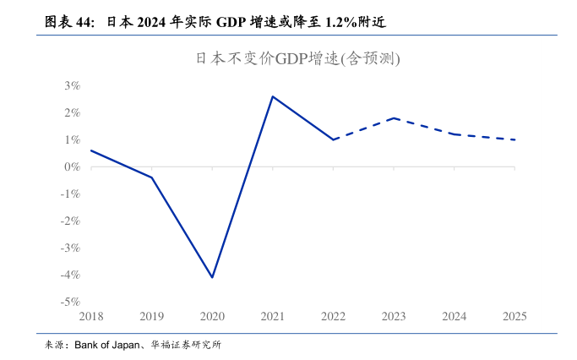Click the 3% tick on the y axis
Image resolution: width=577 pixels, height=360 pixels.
71,85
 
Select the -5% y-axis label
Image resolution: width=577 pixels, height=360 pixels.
69,302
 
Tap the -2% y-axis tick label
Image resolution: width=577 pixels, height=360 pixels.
69,221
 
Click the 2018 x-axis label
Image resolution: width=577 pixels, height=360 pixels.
91,317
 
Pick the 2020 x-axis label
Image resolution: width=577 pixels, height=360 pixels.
212,317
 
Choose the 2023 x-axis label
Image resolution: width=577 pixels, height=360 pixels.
394,317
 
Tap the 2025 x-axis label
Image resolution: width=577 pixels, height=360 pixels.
514,317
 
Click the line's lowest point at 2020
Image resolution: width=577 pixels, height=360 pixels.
212,277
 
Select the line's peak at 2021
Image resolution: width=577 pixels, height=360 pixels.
272,96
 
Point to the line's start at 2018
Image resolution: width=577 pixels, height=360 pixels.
91,150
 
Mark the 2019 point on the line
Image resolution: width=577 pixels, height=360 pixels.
152,177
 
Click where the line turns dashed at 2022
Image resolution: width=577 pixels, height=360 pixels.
333,139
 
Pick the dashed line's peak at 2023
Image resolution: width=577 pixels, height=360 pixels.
394,118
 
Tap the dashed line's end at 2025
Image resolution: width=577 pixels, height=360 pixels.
514,139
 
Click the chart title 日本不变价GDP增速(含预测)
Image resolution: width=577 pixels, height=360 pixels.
297,59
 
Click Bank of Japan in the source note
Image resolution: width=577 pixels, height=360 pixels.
109,345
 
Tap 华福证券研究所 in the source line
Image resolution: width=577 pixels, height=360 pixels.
187,345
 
